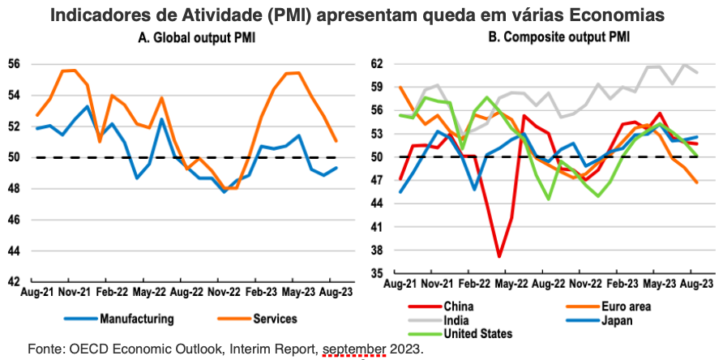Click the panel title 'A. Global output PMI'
click(197, 39)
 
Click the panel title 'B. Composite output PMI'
click(558, 39)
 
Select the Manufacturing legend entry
click(119, 319)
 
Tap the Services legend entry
click(256, 319)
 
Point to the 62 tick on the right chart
click(376, 64)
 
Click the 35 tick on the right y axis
click(376, 274)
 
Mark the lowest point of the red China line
click(499, 256)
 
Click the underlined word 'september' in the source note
click(354, 348)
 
